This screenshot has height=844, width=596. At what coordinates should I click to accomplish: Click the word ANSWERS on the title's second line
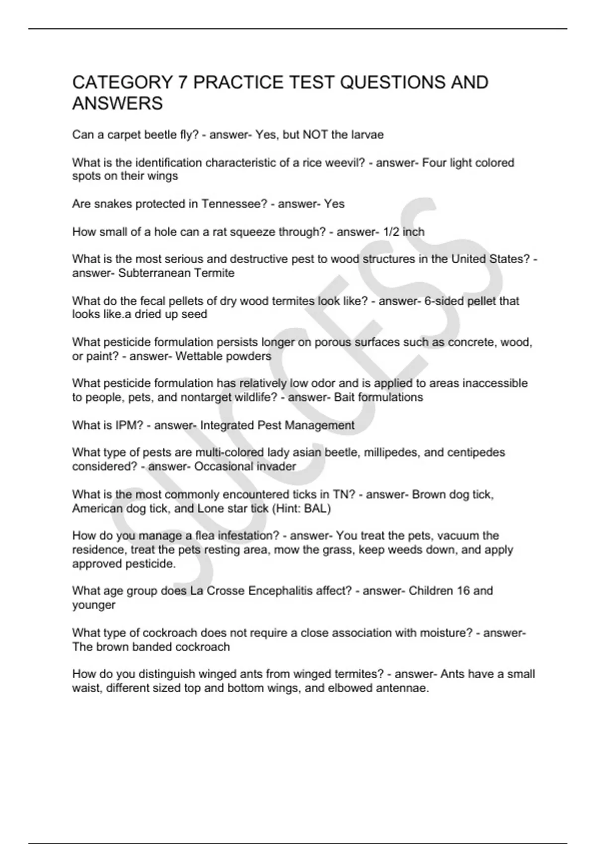pyautogui.click(x=117, y=104)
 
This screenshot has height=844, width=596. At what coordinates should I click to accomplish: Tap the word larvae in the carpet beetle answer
pyautogui.click(x=367, y=135)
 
